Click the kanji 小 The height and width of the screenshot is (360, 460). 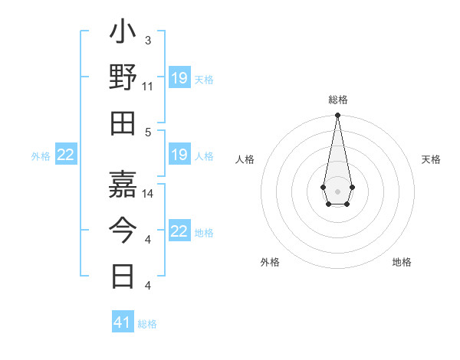[123, 34]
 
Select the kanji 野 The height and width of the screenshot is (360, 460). [123, 77]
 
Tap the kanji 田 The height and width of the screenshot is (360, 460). [123, 123]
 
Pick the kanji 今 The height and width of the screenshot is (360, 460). [123, 228]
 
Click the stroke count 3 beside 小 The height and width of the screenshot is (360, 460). [147, 40]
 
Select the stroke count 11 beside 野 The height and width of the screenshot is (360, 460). [148, 86]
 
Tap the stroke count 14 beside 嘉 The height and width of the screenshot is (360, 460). [148, 193]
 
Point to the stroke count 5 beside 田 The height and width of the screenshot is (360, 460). [147, 132]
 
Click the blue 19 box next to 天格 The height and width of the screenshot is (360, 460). [179, 78]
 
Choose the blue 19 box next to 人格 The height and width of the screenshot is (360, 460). [179, 155]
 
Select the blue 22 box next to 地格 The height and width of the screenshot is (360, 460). [179, 231]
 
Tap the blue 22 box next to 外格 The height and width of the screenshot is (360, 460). [66, 155]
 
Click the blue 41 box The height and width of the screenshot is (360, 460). [123, 322]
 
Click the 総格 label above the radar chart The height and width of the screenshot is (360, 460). [337, 100]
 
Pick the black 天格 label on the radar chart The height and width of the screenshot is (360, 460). [431, 159]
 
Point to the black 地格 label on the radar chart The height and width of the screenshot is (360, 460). [402, 262]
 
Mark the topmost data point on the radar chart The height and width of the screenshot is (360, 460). [337, 116]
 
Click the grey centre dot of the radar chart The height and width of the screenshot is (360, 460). [337, 191]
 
